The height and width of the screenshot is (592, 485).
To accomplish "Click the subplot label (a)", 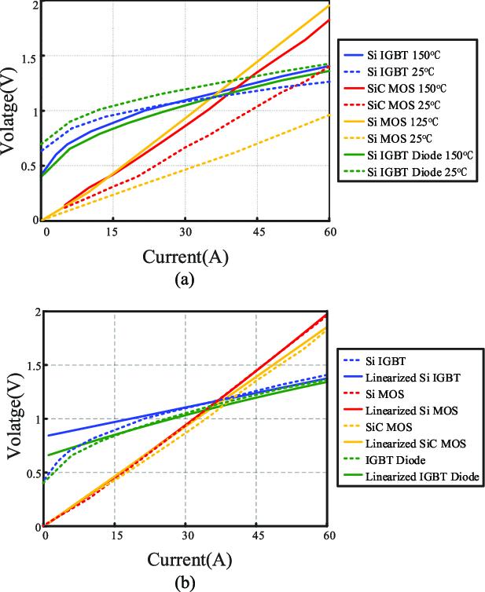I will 187,277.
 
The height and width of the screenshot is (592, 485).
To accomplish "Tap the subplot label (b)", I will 186,582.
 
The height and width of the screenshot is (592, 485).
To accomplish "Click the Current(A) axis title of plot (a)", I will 186,257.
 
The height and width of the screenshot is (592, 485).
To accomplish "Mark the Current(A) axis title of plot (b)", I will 186,561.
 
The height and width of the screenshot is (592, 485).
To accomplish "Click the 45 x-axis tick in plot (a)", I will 255,232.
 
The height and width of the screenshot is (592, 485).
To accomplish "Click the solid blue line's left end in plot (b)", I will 47,435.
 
